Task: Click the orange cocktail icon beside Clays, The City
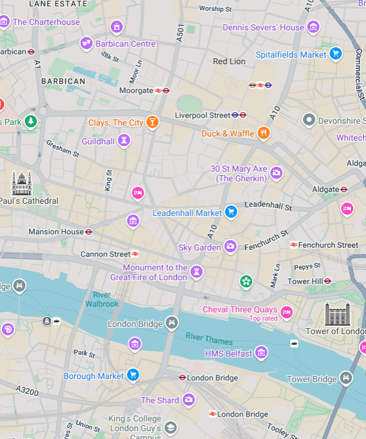coord(152,122)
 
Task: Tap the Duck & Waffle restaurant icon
coord(263,133)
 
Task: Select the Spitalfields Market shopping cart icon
coord(335,55)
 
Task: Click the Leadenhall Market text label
coord(187,213)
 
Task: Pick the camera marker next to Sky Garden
coord(230,247)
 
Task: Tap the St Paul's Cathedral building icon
coord(21,183)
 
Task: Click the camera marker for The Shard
coord(188,400)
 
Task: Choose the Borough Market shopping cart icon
coord(133,375)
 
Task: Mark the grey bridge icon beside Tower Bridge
coord(345,378)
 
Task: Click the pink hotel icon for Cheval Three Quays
coord(287,312)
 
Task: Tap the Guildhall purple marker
coord(124,141)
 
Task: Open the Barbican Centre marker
coord(86,44)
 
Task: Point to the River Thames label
coord(208,339)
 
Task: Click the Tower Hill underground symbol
coord(328,281)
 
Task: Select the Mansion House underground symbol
coord(88,232)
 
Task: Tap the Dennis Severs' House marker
coord(313,27)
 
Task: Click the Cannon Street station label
coord(105,254)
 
